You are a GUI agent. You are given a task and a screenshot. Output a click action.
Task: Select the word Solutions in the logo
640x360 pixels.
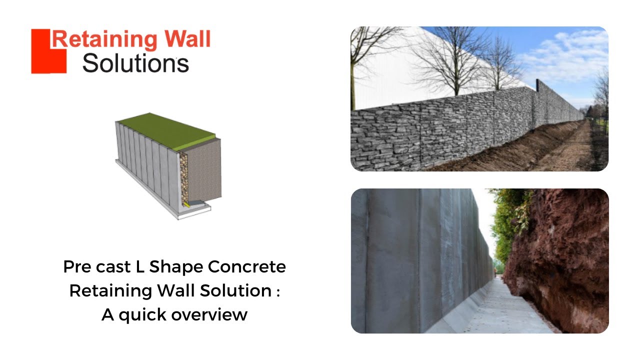pos(135,63)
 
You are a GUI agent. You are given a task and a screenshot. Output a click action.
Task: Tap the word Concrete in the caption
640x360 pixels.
pos(247,267)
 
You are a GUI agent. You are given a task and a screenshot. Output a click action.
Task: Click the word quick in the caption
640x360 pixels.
pos(142,315)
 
